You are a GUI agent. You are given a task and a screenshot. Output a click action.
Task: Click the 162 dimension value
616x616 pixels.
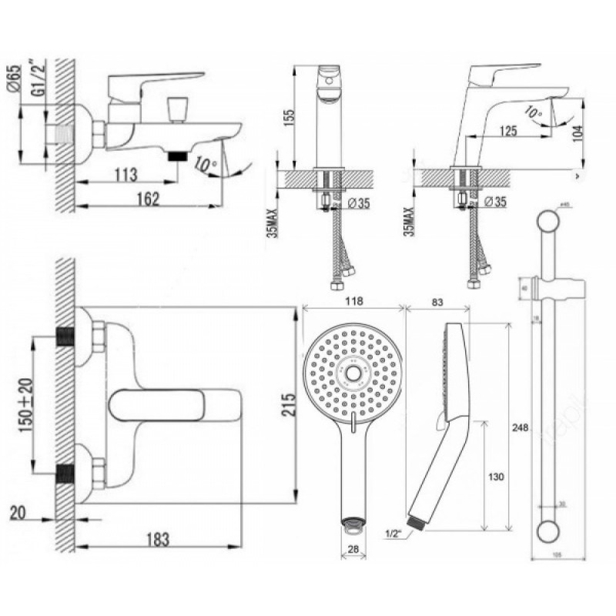147,199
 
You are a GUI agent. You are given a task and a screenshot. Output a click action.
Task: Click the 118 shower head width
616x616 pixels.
355,300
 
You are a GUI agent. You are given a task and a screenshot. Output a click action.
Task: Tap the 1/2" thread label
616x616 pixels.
393,531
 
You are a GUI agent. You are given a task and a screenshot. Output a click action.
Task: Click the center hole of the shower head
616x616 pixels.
353,373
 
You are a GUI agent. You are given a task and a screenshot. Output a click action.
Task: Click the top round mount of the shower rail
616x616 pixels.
547,221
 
